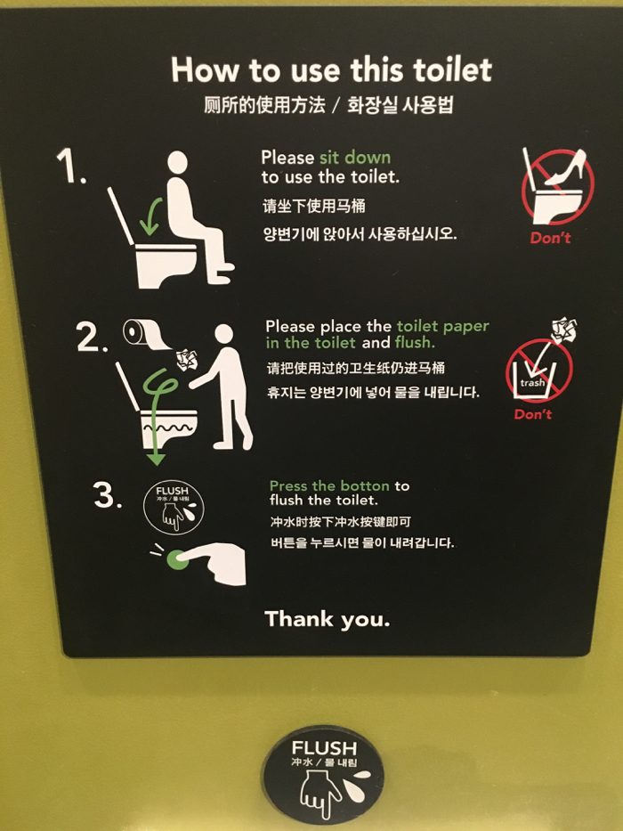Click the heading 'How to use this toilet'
click(x=332, y=69)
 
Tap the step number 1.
click(x=71, y=166)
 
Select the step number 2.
click(x=93, y=337)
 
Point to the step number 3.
click(x=108, y=494)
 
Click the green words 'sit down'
click(x=355, y=158)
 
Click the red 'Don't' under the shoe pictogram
click(x=550, y=238)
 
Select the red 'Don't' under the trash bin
click(x=533, y=414)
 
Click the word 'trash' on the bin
click(x=532, y=383)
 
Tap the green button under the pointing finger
click(x=177, y=559)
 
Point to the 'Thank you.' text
click(x=328, y=619)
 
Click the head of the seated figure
click(x=177, y=162)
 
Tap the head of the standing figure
click(x=224, y=334)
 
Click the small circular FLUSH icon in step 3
click(x=174, y=507)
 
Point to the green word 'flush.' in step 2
click(x=415, y=342)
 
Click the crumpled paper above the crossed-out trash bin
click(x=563, y=330)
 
